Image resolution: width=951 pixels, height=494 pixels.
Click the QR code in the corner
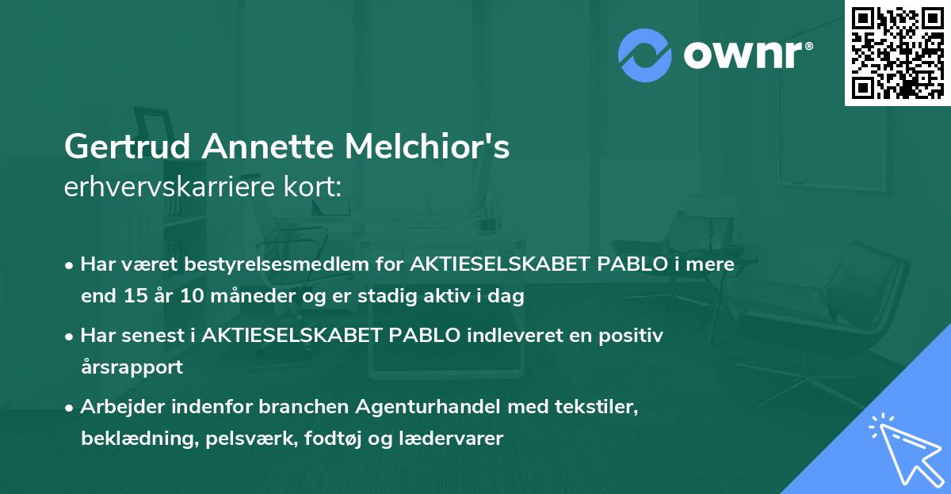click(x=897, y=52)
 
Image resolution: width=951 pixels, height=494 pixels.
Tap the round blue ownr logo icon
click(x=644, y=55)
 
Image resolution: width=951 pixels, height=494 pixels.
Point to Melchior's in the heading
click(x=429, y=147)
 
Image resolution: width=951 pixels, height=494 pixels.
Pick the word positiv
click(x=633, y=335)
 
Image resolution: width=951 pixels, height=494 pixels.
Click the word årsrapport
click(x=132, y=367)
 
